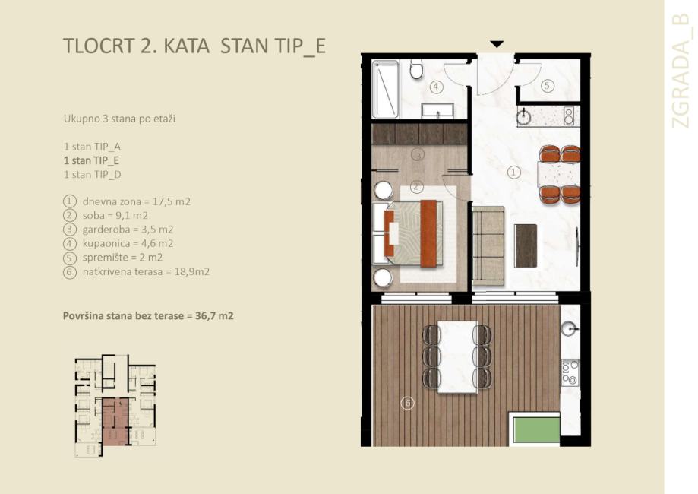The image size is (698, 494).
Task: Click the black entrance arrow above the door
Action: tap(497, 44)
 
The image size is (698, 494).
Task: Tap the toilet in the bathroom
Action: tap(417, 69)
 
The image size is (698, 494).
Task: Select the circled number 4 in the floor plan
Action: tap(436, 87)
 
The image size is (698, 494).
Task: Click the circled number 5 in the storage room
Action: tap(548, 86)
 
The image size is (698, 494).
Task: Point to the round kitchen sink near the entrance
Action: tap(524, 117)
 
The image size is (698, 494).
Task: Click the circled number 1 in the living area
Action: tap(514, 172)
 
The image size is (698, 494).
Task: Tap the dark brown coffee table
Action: tap(526, 245)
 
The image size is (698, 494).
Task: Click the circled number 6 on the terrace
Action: tap(408, 403)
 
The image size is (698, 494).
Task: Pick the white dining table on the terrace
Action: tap(458, 357)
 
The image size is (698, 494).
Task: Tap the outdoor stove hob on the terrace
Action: tap(570, 372)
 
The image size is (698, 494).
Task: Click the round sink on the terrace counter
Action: tap(570, 329)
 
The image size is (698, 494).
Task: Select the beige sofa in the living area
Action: tap(488, 245)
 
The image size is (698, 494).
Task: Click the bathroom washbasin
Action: tap(437, 110)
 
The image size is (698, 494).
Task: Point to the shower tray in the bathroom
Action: tap(385, 89)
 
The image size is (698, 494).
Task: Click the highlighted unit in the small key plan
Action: tap(115, 421)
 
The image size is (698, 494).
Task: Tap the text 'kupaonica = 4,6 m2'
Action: tap(128, 243)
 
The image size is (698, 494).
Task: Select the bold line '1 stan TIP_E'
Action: tap(92, 160)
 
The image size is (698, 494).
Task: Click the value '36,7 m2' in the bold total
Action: tap(214, 316)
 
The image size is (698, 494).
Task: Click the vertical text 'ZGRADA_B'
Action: tap(681, 71)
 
